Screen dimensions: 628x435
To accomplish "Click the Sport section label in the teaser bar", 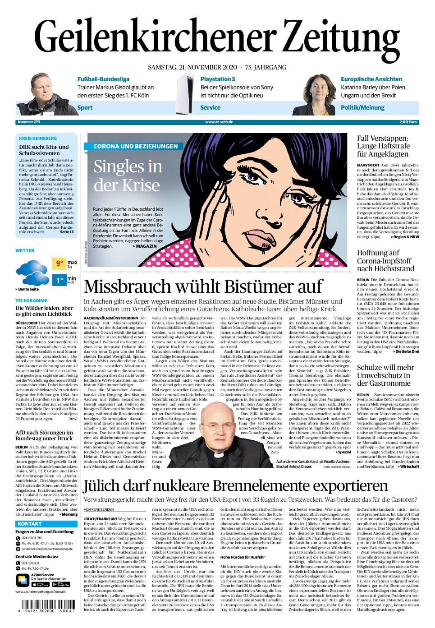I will [85, 107].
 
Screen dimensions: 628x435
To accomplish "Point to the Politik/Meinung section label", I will [362, 107].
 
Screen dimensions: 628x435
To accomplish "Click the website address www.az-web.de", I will [219, 122].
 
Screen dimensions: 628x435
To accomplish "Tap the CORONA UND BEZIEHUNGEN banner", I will [135, 146].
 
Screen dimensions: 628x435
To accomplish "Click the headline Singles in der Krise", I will [128, 176].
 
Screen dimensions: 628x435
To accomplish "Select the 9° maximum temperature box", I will [59, 263].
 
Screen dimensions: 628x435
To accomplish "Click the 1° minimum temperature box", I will [59, 281].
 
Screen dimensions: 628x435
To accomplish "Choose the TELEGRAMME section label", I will [31, 300].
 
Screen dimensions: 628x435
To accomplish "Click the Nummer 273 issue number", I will [28, 122].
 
